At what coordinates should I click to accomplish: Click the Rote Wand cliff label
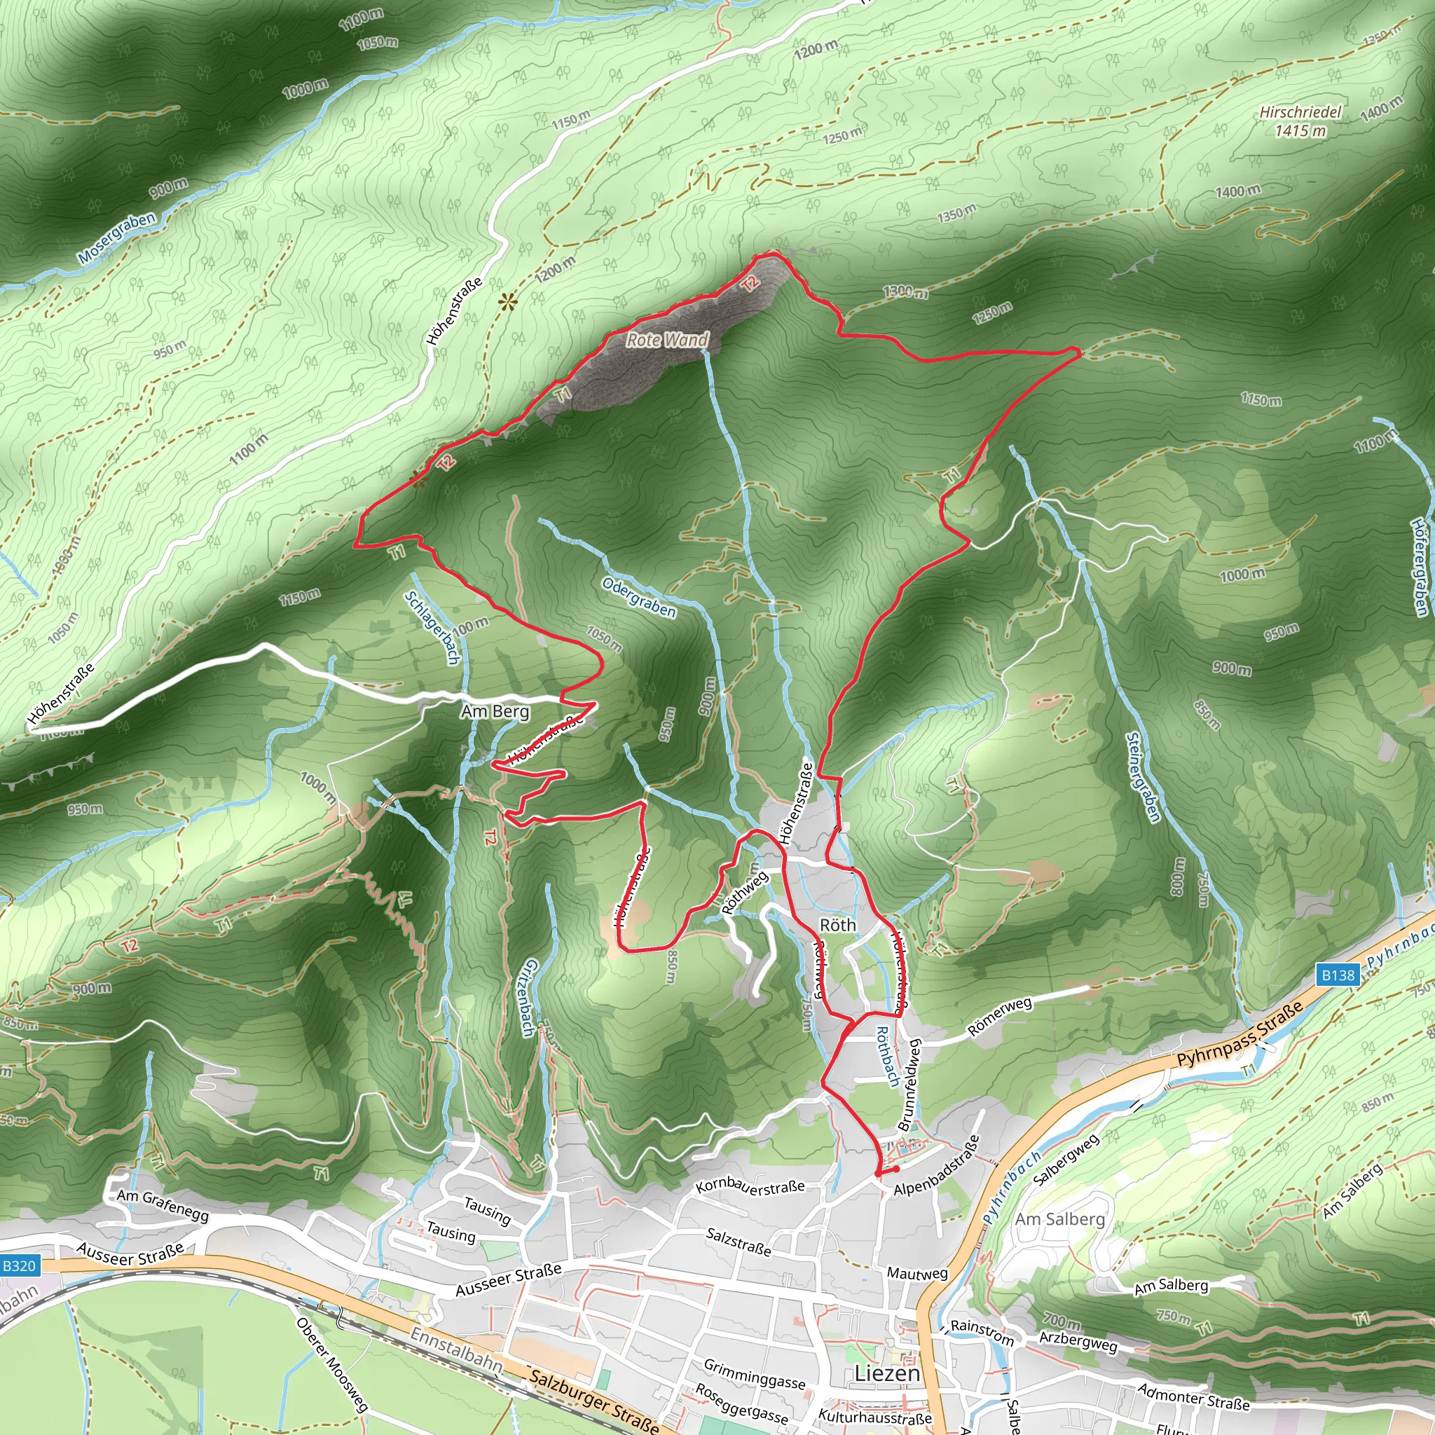[667, 340]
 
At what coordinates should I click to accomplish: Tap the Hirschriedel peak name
[1300, 112]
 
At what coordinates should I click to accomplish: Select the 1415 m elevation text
[1300, 132]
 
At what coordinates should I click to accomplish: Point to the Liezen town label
[887, 1373]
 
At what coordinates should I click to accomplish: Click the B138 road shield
[1338, 975]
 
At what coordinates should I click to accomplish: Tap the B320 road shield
[19, 1265]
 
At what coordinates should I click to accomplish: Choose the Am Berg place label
[495, 712]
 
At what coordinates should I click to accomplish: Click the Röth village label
[837, 925]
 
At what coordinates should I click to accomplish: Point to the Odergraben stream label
[639, 597]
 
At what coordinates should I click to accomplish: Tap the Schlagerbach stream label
[433, 628]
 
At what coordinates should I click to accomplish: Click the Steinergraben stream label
[1143, 777]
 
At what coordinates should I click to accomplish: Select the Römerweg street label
[999, 1017]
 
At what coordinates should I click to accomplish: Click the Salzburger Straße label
[594, 1401]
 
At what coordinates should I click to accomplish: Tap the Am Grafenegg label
[163, 1205]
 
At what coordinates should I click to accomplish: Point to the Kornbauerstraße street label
[750, 1187]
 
